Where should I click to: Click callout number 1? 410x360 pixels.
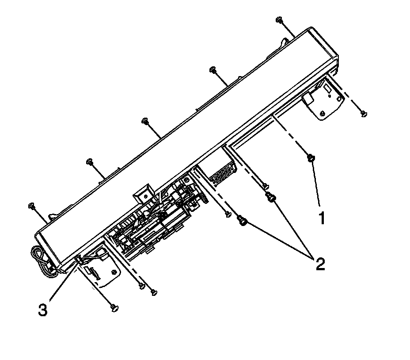(x=322, y=218)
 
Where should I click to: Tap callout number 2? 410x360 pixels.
(x=320, y=264)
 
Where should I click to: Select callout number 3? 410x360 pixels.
(x=43, y=310)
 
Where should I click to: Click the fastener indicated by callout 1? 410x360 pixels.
(x=311, y=158)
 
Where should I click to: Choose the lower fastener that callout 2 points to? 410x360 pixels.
(x=243, y=220)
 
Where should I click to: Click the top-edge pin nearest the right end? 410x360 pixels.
(x=280, y=20)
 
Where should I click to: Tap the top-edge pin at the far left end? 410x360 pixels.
(x=32, y=206)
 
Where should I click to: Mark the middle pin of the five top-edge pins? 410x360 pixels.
(x=145, y=121)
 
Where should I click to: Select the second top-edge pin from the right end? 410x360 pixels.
(x=213, y=70)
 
